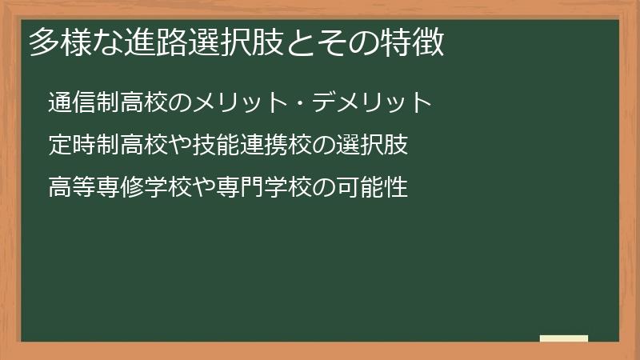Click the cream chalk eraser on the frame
pyautogui.click(x=564, y=338)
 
